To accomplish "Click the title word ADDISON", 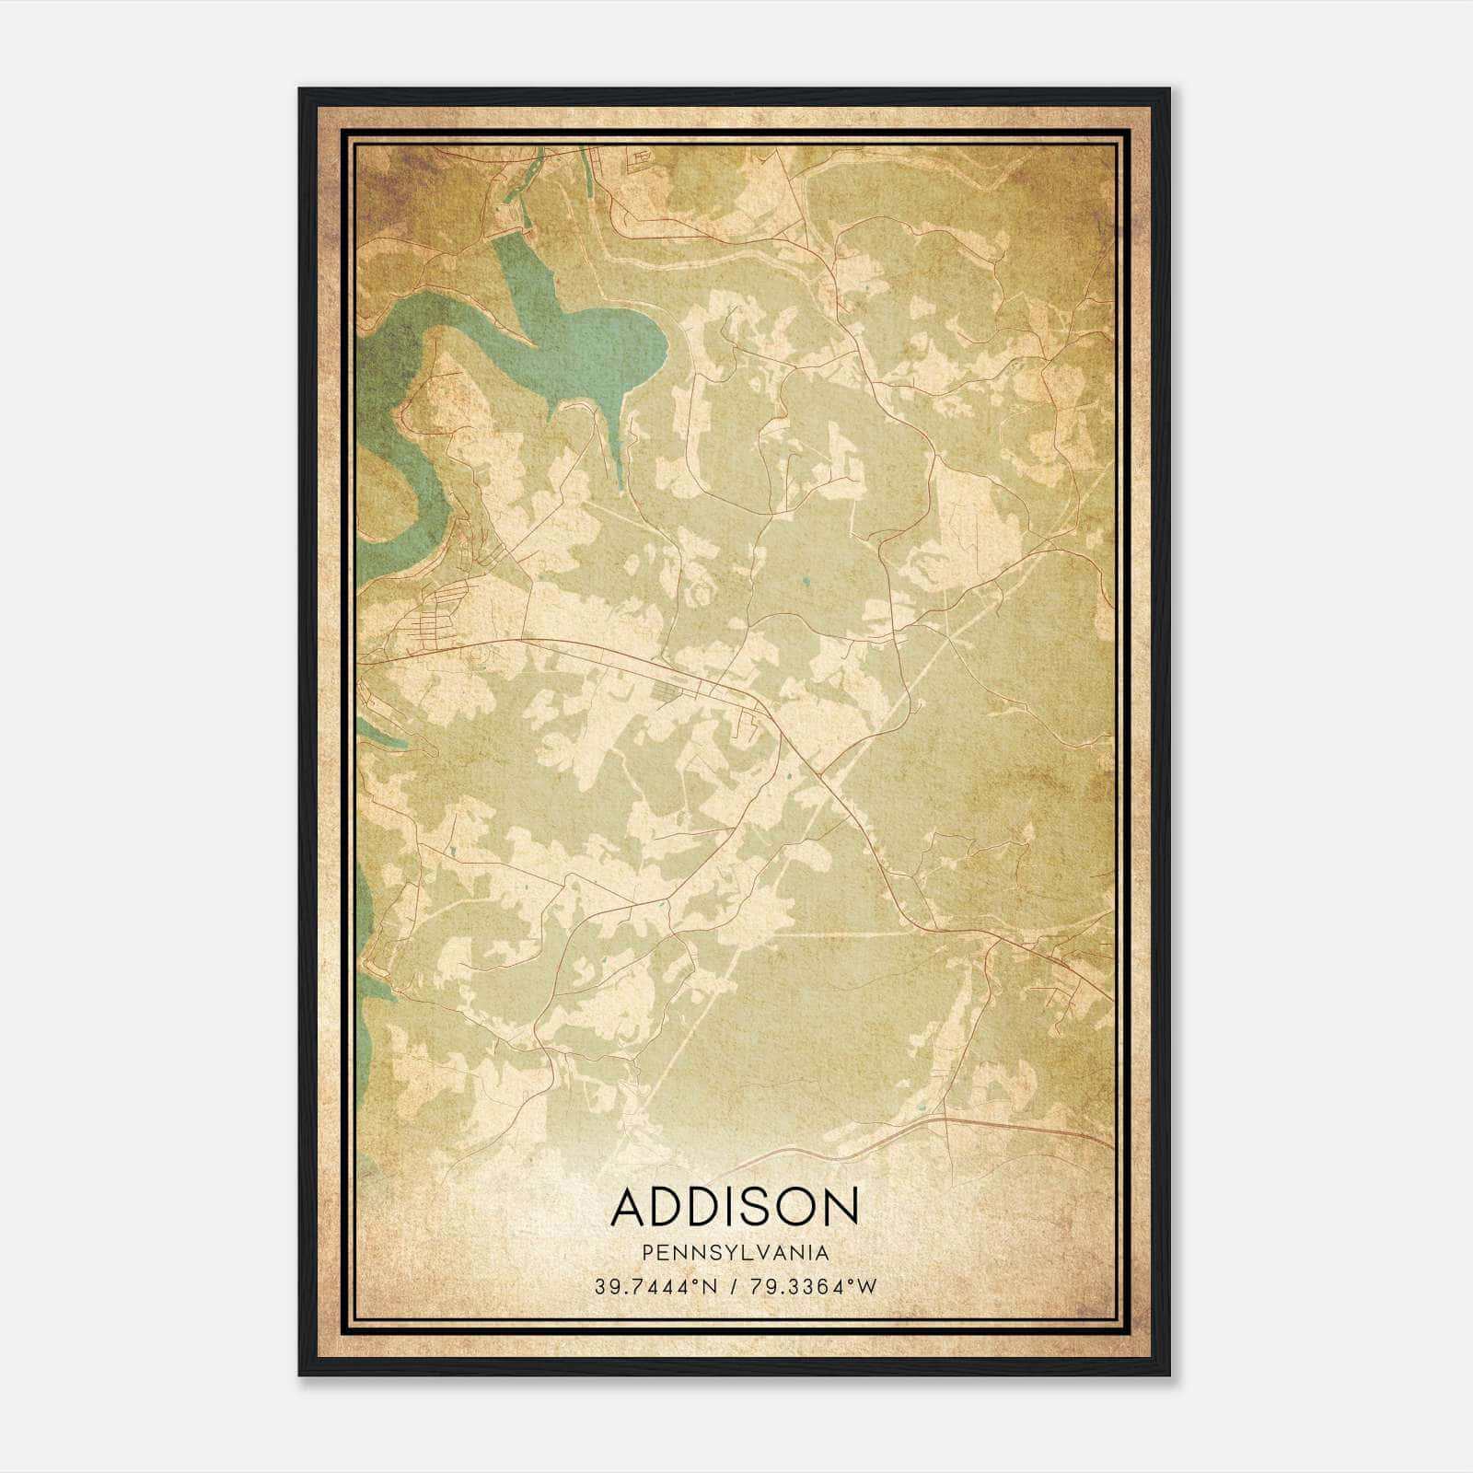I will pos(735,1206).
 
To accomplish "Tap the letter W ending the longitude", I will pos(868,1287).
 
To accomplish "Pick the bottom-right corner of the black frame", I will pos(1168,1374).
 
